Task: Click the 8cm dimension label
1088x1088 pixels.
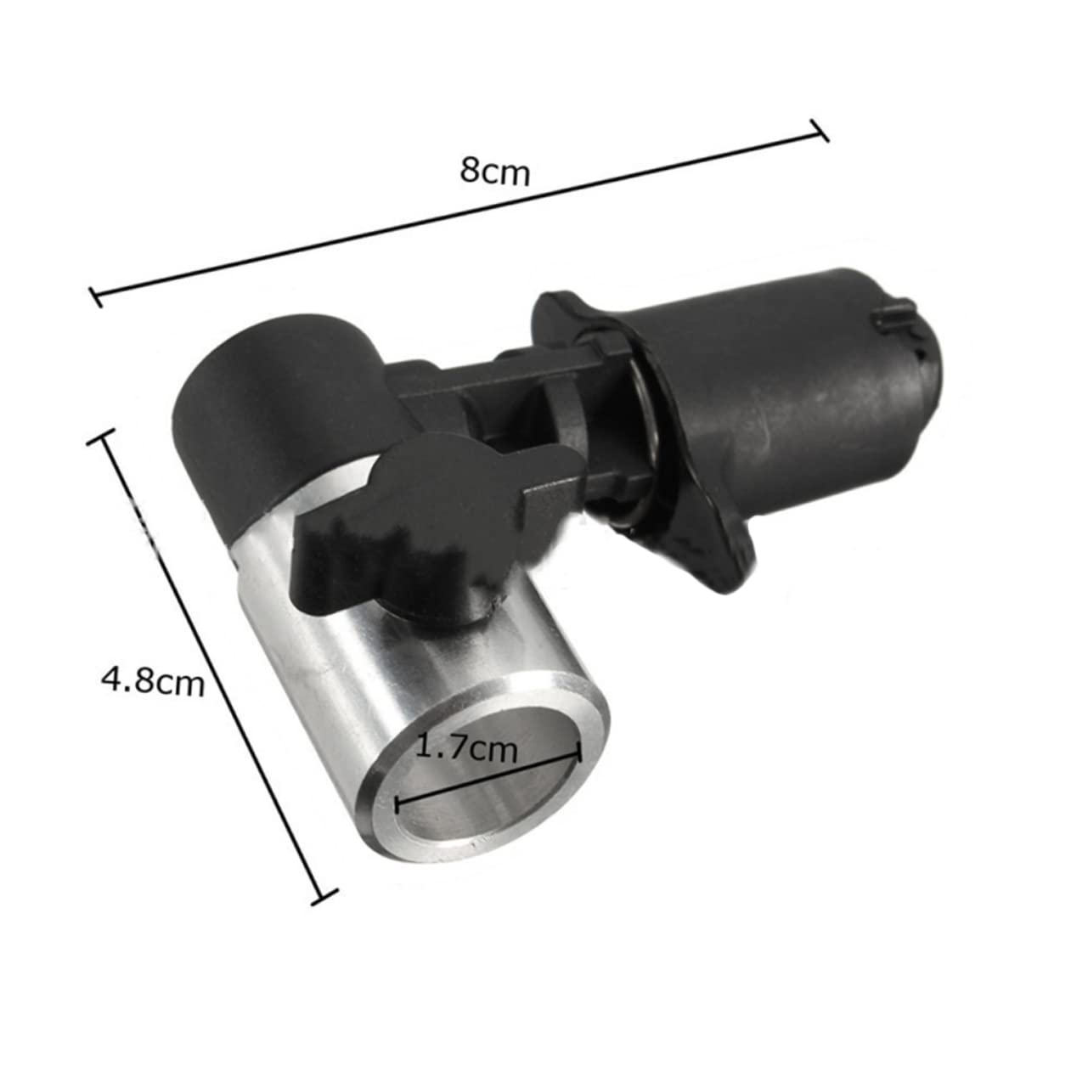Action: (x=495, y=170)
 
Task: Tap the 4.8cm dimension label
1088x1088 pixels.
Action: (x=153, y=680)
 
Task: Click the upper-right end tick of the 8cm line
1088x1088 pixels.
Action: (x=820, y=131)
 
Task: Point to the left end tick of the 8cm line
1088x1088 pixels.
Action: (x=97, y=296)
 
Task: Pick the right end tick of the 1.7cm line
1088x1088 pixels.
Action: (x=579, y=753)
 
